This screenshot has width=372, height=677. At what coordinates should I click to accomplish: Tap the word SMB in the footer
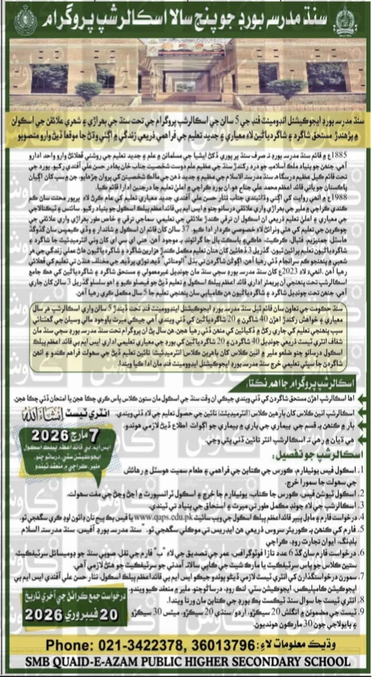pyautogui.click(x=53, y=665)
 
